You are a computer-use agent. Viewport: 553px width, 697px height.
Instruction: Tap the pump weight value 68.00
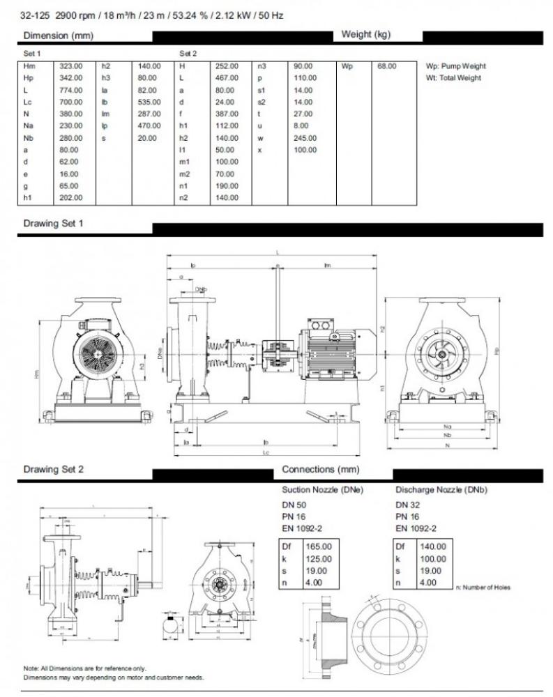click(x=386, y=66)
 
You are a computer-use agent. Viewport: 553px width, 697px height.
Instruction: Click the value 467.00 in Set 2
click(x=227, y=78)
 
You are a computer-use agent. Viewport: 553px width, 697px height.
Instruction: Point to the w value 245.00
click(x=305, y=138)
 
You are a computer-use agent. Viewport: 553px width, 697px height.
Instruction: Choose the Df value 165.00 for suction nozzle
click(x=318, y=546)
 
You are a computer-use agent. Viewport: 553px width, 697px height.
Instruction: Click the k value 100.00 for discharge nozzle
click(x=432, y=559)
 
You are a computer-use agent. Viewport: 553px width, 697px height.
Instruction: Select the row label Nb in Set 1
click(x=29, y=138)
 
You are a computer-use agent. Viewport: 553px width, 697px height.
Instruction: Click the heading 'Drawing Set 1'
click(x=53, y=224)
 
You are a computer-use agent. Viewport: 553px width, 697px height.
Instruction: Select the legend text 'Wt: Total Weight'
click(x=453, y=78)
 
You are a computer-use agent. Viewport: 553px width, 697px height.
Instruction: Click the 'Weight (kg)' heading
click(x=365, y=35)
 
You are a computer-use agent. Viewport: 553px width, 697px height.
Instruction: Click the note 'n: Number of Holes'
click(x=483, y=588)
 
